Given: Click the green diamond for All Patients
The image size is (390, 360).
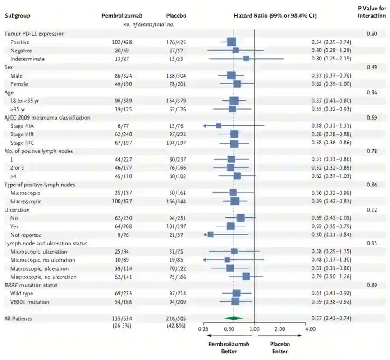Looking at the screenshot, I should pyautogui.click(x=233, y=318).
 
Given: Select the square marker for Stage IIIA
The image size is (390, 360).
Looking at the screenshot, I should pyautogui.click(x=218, y=126).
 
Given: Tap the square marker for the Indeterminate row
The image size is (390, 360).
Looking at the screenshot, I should pyautogui.click(x=246, y=59).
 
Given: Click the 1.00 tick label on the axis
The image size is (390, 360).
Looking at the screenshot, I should pyautogui.click(x=255, y=328).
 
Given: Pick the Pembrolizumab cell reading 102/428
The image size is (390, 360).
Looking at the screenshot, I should pyautogui.click(x=122, y=42).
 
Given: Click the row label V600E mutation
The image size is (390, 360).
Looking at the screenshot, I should pyautogui.click(x=30, y=302).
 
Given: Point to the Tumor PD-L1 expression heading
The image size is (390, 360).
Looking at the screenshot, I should pyautogui.click(x=34, y=33).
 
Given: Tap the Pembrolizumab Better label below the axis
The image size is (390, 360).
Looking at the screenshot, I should pyautogui.click(x=229, y=347).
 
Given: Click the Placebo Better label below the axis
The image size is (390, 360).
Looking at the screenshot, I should pyautogui.click(x=280, y=347).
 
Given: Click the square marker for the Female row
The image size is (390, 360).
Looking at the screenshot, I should pyautogui.click(x=237, y=84).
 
